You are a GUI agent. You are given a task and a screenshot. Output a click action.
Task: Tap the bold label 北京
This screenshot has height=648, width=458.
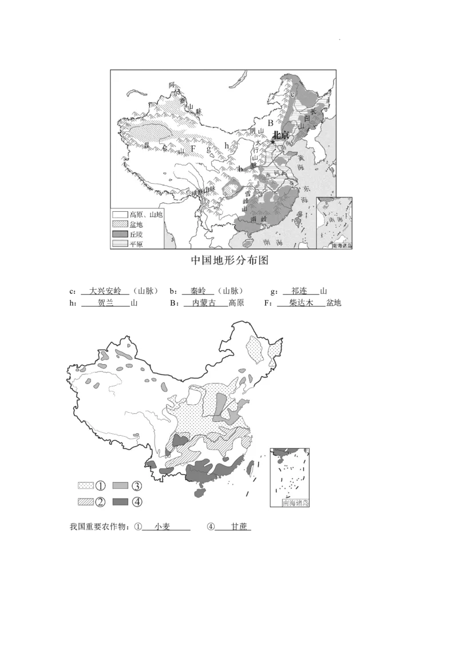[280, 135]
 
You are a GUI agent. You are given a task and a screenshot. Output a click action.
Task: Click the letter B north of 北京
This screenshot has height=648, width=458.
[270, 123]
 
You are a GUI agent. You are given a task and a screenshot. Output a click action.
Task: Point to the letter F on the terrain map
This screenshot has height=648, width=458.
[193, 149]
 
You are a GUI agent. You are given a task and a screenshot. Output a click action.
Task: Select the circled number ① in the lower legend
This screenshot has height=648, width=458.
[100, 486]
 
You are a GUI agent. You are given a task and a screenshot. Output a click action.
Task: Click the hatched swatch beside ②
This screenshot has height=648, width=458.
[85, 502]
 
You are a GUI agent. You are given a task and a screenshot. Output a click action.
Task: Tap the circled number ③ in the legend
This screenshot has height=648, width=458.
[137, 486]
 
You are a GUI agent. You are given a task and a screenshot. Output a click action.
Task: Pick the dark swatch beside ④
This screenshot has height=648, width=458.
[120, 502]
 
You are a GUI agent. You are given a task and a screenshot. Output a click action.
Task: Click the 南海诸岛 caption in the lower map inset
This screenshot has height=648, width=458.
[295, 503]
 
